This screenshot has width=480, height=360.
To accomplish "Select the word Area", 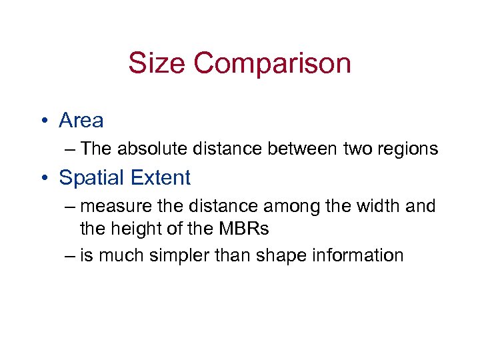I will [x=81, y=121].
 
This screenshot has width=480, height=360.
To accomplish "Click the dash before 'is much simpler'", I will [x=70, y=255].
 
